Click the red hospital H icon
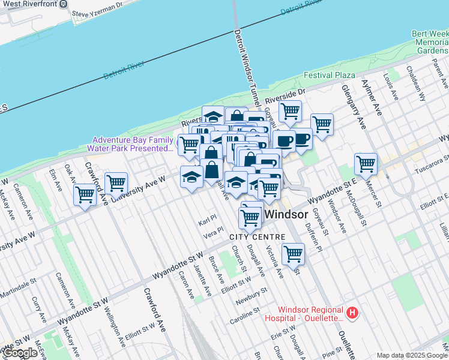[354, 313]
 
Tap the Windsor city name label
[286, 214]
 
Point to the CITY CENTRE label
[253, 237]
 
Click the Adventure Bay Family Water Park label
[130, 143]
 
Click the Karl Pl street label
[206, 223]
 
